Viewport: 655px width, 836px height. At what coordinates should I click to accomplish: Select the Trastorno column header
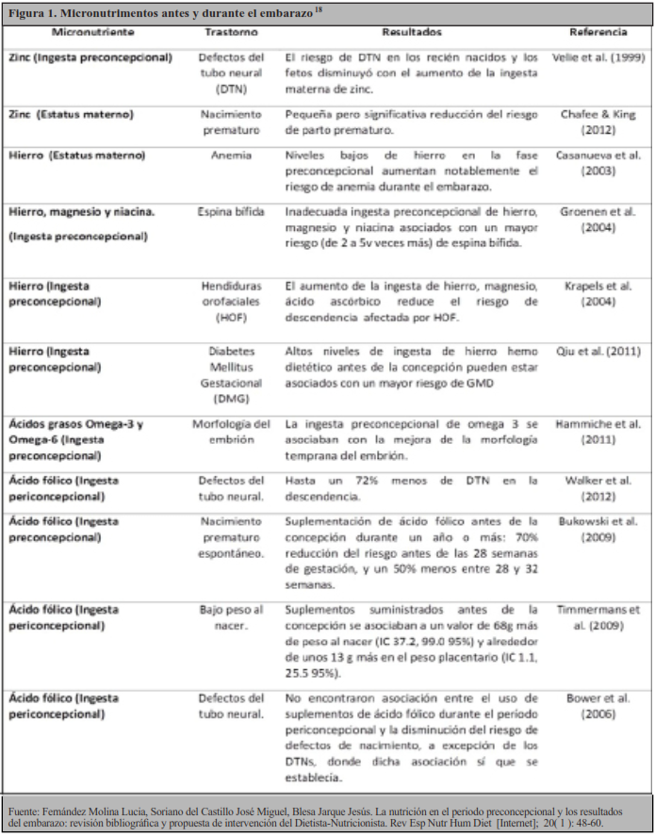coord(231,31)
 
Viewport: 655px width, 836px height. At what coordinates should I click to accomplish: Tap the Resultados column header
coord(411,31)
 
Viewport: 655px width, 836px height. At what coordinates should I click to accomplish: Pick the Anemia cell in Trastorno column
coord(231,154)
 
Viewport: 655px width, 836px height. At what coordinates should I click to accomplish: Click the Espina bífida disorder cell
coord(231,212)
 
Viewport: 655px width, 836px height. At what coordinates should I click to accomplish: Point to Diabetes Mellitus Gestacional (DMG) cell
coord(231,375)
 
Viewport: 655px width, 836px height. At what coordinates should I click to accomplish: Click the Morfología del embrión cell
coord(231,433)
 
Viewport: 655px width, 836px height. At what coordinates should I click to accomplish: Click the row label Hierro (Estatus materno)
coord(76,154)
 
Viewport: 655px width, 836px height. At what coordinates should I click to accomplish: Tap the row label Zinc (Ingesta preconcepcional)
coord(90,57)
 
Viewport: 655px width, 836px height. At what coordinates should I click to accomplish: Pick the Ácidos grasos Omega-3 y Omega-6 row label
coord(75,440)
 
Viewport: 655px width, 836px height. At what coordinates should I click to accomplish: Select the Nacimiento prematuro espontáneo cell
coord(231,538)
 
